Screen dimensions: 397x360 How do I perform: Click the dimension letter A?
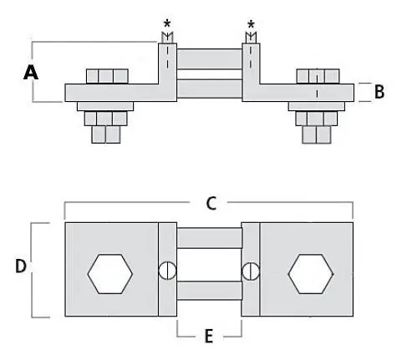(31, 72)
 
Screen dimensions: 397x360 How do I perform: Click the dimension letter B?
(379, 92)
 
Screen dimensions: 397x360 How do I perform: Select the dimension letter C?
(211, 203)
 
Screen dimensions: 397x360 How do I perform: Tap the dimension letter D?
(21, 266)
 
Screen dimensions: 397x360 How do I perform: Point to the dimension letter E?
(209, 336)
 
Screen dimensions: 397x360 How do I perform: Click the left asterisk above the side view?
(167, 23)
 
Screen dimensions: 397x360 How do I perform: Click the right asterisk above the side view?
(251, 24)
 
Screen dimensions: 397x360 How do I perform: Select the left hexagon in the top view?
(110, 274)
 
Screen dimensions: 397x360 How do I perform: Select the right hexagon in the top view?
(311, 274)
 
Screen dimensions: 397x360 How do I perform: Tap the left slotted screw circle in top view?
(167, 271)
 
